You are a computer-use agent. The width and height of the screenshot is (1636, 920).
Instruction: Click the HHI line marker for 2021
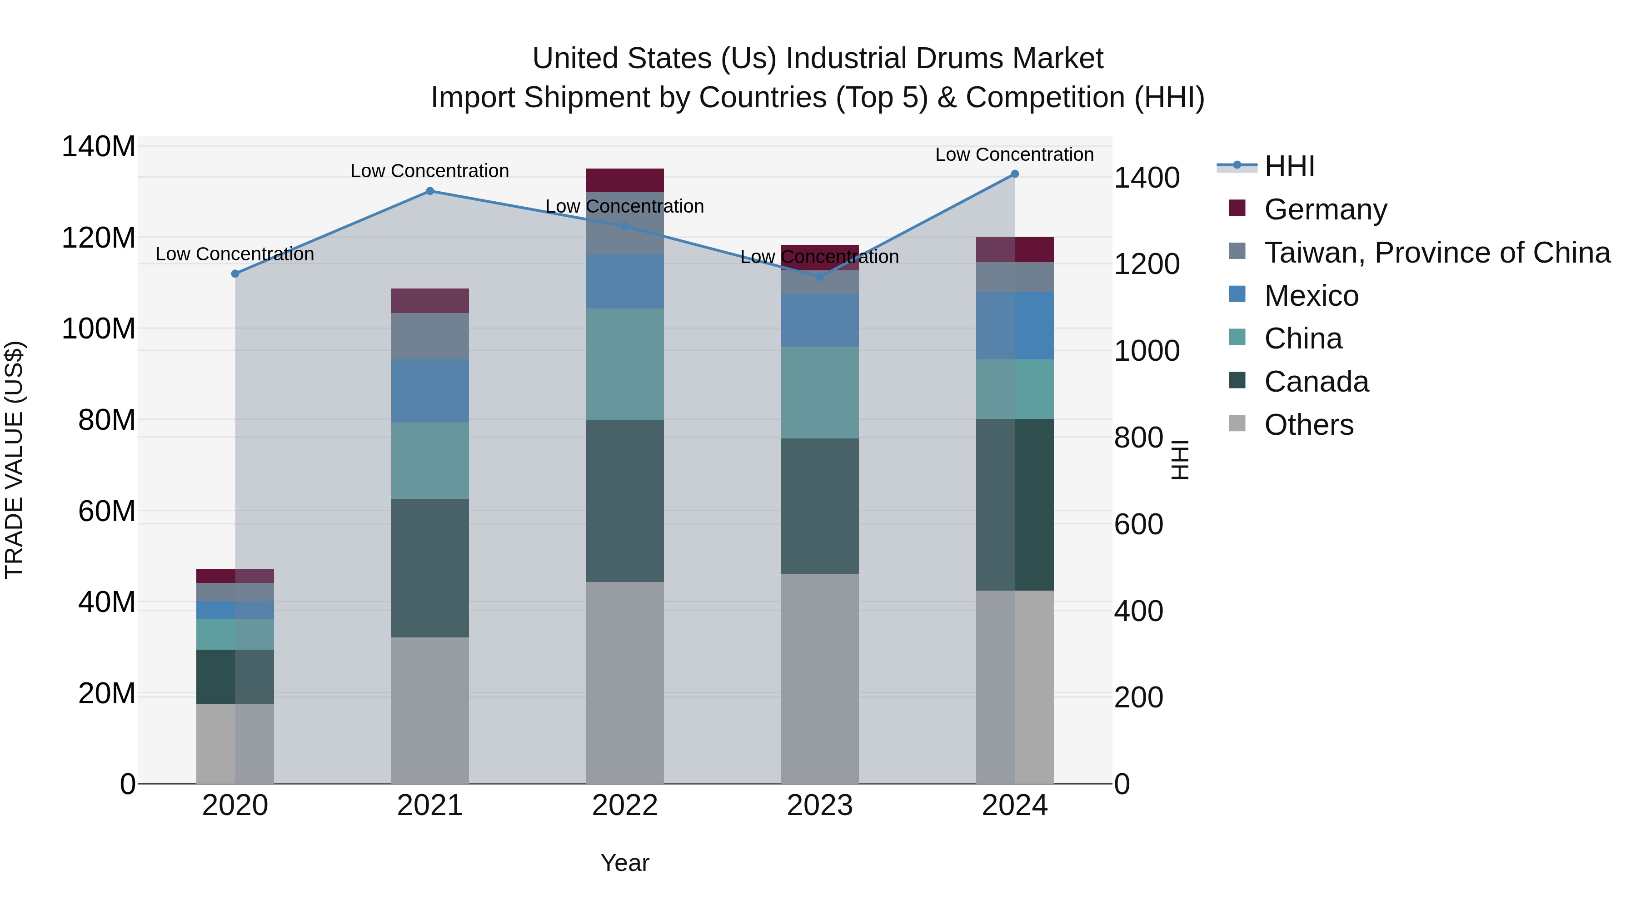click(x=430, y=191)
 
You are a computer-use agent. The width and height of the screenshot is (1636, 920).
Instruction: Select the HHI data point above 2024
click(x=1014, y=174)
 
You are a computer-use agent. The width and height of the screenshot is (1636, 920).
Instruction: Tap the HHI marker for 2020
click(x=235, y=274)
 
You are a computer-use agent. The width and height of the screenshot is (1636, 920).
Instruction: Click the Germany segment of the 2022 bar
click(x=624, y=179)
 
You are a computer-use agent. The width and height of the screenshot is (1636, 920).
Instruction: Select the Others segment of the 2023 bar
click(x=819, y=678)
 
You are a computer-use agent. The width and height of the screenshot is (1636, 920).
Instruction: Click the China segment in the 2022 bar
click(x=624, y=364)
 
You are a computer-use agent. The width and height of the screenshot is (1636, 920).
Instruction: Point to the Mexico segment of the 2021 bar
click(x=430, y=390)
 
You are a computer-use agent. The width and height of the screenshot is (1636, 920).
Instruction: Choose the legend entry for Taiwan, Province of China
click(x=1436, y=253)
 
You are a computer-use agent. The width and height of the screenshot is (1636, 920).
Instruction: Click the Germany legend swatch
click(x=1237, y=208)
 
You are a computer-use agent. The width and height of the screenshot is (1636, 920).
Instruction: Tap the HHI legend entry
click(x=1289, y=166)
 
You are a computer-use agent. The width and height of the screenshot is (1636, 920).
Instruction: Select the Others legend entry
click(x=1308, y=425)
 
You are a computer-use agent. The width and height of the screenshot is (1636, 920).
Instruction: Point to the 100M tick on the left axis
click(x=99, y=329)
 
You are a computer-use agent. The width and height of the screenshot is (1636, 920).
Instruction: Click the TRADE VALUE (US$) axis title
click(x=14, y=460)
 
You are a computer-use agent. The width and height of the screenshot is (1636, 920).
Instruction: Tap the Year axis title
click(x=624, y=863)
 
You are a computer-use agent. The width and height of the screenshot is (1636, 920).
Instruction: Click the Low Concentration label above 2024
click(x=1014, y=154)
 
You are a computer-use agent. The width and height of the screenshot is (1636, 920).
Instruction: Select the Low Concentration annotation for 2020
click(x=234, y=254)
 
